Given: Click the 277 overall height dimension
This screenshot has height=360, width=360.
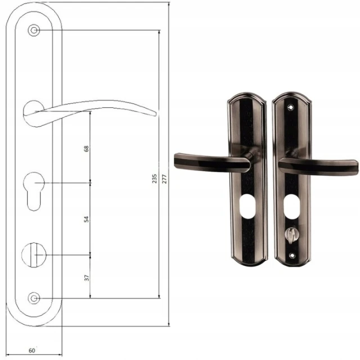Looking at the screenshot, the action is [x=164, y=179].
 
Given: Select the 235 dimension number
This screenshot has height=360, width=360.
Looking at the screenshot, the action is [x=155, y=179].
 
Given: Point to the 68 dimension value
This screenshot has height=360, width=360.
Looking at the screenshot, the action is [x=86, y=148].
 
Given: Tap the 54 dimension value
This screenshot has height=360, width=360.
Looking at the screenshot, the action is [x=86, y=219].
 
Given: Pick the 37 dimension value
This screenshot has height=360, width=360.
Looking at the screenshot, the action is [x=87, y=278].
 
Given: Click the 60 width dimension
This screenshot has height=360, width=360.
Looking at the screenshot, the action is [x=32, y=350].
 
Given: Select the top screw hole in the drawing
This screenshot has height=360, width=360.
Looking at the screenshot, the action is [x=34, y=30].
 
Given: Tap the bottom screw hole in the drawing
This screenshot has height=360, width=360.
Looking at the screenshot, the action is [x=34, y=298].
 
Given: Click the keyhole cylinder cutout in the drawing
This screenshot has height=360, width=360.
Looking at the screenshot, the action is [x=34, y=191].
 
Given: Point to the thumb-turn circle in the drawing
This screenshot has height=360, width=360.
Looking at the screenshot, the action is [x=34, y=255].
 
